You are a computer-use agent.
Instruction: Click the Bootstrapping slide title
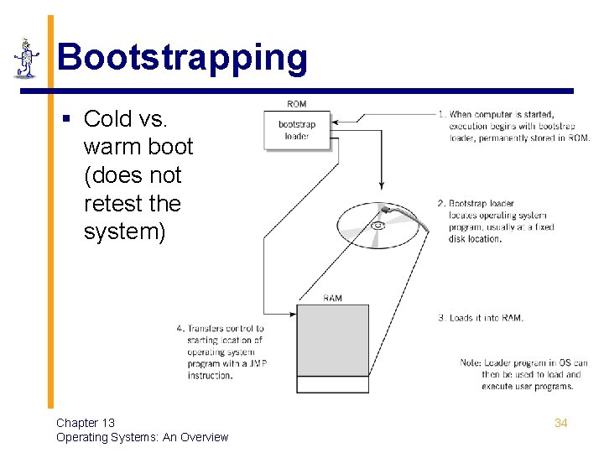[182, 58]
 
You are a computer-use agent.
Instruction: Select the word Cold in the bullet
[107, 118]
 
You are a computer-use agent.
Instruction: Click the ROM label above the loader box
[296, 104]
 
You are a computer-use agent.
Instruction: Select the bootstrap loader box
[297, 131]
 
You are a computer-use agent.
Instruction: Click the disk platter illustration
[377, 225]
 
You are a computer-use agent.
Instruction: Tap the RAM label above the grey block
[332, 298]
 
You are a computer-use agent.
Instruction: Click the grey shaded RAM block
[333, 340]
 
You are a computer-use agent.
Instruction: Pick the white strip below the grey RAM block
[333, 384]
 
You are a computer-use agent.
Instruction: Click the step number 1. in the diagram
[441, 114]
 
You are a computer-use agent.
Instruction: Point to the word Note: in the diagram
[471, 363]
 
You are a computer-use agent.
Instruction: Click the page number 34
[560, 423]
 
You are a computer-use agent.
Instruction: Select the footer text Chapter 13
[86, 423]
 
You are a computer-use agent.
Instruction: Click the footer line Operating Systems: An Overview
[142, 437]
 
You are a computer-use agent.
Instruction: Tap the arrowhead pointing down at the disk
[382, 185]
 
